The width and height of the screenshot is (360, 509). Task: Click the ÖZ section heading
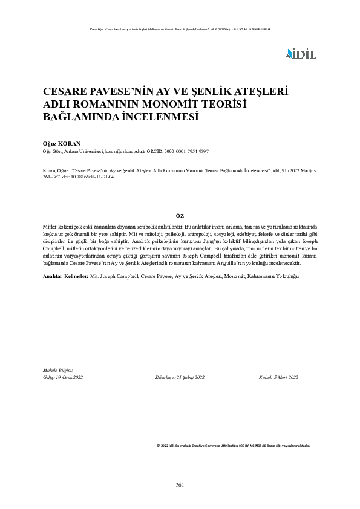pos(180,215)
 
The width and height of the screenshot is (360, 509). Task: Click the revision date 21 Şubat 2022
pos(190,377)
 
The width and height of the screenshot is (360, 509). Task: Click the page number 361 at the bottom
pos(180,485)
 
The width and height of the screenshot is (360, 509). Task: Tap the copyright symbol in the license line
pos(158,444)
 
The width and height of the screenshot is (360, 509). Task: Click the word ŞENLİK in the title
pos(228,92)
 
